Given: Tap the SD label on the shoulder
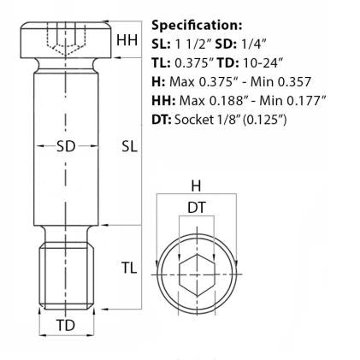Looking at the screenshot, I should (66, 145).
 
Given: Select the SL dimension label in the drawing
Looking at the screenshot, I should (129, 146).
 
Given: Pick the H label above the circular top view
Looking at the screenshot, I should (196, 185).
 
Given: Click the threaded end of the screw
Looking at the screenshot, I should (66, 269).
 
